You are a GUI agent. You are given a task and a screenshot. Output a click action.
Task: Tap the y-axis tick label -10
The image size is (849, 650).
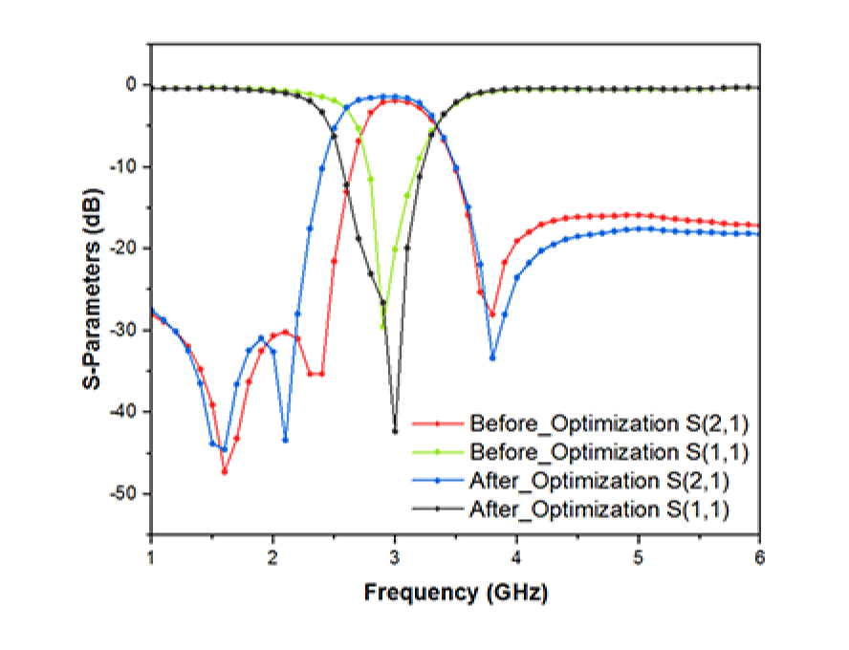pyautogui.click(x=123, y=167)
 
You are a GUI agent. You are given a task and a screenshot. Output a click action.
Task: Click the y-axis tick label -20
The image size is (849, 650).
pyautogui.click(x=123, y=249)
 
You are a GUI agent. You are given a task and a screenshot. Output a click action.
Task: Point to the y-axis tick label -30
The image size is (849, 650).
pyautogui.click(x=123, y=331)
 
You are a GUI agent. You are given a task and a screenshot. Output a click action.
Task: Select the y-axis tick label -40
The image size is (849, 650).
pyautogui.click(x=123, y=412)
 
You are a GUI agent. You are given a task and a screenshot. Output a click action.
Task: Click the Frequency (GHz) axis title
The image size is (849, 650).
pyautogui.click(x=455, y=593)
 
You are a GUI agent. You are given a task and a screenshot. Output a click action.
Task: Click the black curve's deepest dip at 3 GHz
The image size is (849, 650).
pyautogui.click(x=395, y=431)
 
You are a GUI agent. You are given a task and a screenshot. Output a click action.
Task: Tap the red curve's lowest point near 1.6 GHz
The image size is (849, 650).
pyautogui.click(x=224, y=471)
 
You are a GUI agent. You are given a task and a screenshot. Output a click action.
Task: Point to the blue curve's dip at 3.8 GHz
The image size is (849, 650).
pyautogui.click(x=492, y=357)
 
